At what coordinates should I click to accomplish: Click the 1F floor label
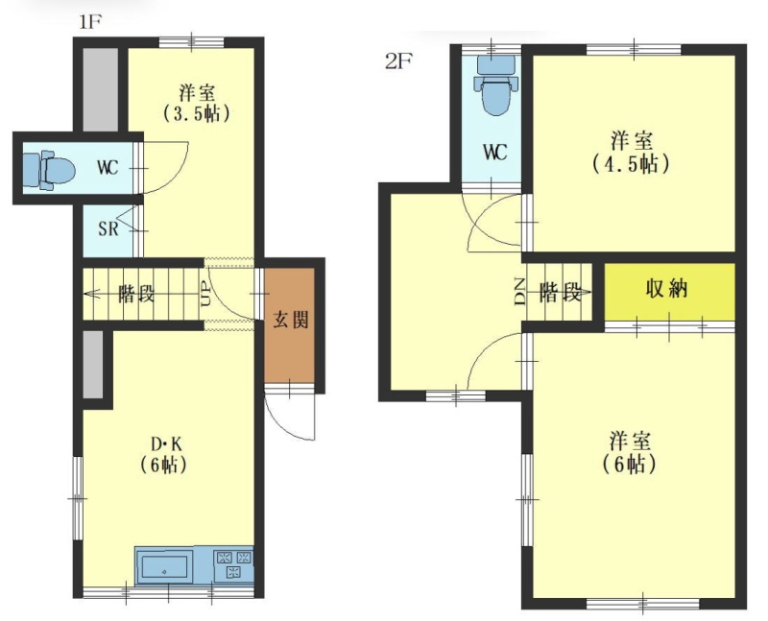coord(90,22)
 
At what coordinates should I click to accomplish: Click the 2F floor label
coord(398,61)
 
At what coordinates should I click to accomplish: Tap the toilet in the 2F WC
coord(495,84)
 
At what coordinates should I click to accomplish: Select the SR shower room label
coord(108,228)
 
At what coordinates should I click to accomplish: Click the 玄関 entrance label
coord(291,320)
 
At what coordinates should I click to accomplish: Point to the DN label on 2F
coord(519,292)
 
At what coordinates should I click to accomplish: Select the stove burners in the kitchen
coord(233,564)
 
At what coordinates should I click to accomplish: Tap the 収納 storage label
coord(666,289)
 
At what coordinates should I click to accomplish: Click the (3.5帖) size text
coord(196,114)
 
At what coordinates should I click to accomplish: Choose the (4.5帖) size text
coord(631,164)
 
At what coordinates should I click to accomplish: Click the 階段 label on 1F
coord(136,295)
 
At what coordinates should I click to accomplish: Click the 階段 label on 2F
coord(560,293)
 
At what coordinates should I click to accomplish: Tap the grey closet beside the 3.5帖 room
coord(101,88)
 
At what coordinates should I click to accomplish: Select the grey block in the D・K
coord(93,365)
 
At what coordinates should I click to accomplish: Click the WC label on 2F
coord(494,153)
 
